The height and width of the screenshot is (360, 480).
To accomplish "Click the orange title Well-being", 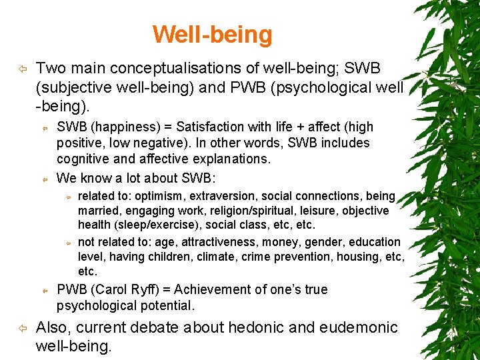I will point(212,34).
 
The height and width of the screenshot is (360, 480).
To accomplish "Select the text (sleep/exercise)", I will point(153,225).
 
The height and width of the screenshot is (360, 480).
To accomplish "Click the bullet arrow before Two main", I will point(22,69).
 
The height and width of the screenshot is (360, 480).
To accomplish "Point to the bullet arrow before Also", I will point(22,328).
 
